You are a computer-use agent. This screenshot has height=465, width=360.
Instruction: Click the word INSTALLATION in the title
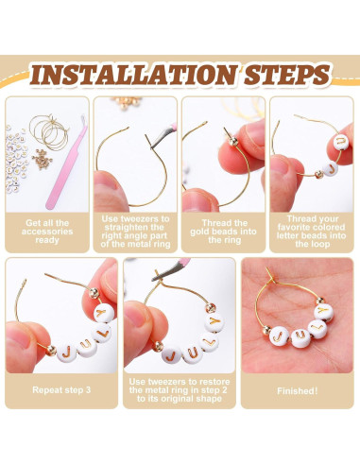[133, 75]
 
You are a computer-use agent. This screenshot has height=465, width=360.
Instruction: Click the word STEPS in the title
[287, 75]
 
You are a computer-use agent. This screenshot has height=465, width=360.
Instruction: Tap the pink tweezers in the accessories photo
[65, 164]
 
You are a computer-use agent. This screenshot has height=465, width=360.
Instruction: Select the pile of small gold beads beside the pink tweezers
[42, 160]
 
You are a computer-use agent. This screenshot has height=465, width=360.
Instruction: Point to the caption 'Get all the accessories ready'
[47, 232]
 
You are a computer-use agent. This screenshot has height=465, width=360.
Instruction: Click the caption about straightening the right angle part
[135, 232]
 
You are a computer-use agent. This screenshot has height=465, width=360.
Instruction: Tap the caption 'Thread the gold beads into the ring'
[223, 232]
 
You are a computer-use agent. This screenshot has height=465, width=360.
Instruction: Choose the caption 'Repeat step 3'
[61, 390]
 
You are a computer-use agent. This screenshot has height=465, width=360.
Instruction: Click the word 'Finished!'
[298, 391]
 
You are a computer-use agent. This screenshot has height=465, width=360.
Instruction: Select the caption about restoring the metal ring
[180, 390]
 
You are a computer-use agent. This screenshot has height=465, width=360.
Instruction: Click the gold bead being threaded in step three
[233, 142]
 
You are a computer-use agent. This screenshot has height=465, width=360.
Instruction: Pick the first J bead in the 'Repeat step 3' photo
[67, 353]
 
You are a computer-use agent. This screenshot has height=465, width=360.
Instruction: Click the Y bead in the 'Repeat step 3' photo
[104, 314]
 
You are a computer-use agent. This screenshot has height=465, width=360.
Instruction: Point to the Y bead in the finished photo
[323, 312]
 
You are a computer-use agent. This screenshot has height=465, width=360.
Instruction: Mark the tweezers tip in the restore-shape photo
[153, 279]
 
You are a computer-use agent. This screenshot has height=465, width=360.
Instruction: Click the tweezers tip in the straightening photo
[152, 146]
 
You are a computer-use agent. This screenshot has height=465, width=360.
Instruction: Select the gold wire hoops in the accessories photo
[49, 132]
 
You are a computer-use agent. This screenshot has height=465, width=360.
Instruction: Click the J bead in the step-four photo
[331, 168]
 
